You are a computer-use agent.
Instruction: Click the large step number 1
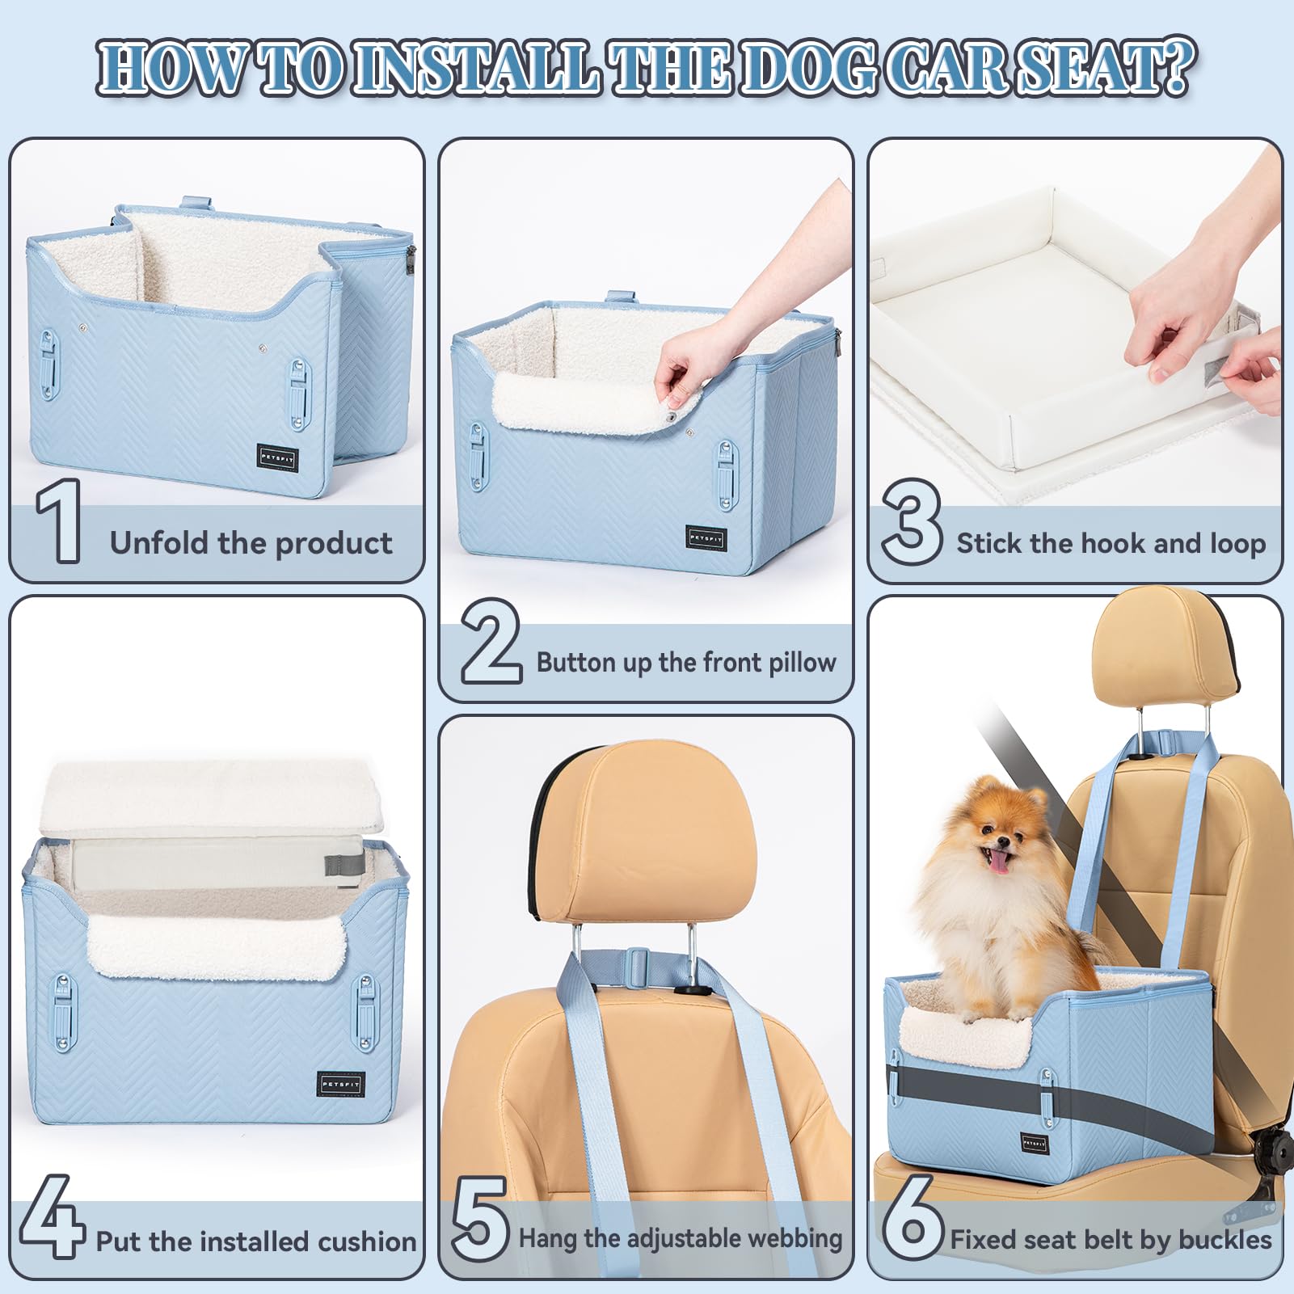coord(58,521)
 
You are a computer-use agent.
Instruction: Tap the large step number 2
coord(490,643)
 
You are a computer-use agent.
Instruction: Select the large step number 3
coord(911,521)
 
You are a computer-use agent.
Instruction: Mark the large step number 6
coord(912,1217)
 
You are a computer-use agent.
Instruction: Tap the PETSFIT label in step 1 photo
coord(278,457)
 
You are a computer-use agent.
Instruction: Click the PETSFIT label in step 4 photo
coord(341,1084)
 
